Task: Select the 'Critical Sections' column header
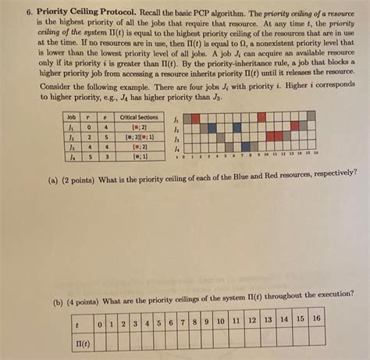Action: pos(140,116)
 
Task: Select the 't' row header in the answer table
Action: pos(76,320)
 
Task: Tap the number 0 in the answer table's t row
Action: pos(99,320)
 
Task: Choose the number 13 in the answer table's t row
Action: pos(268,319)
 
